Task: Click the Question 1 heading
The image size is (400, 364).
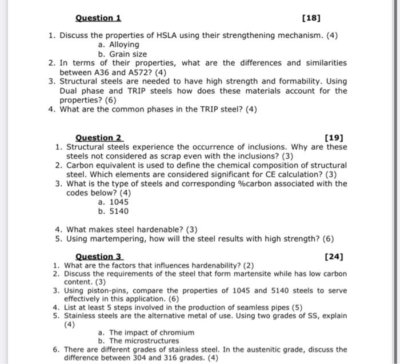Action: tap(98, 18)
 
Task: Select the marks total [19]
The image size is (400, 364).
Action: tap(333, 138)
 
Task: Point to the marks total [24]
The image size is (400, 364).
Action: tap(333, 257)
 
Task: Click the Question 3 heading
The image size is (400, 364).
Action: tap(99, 257)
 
